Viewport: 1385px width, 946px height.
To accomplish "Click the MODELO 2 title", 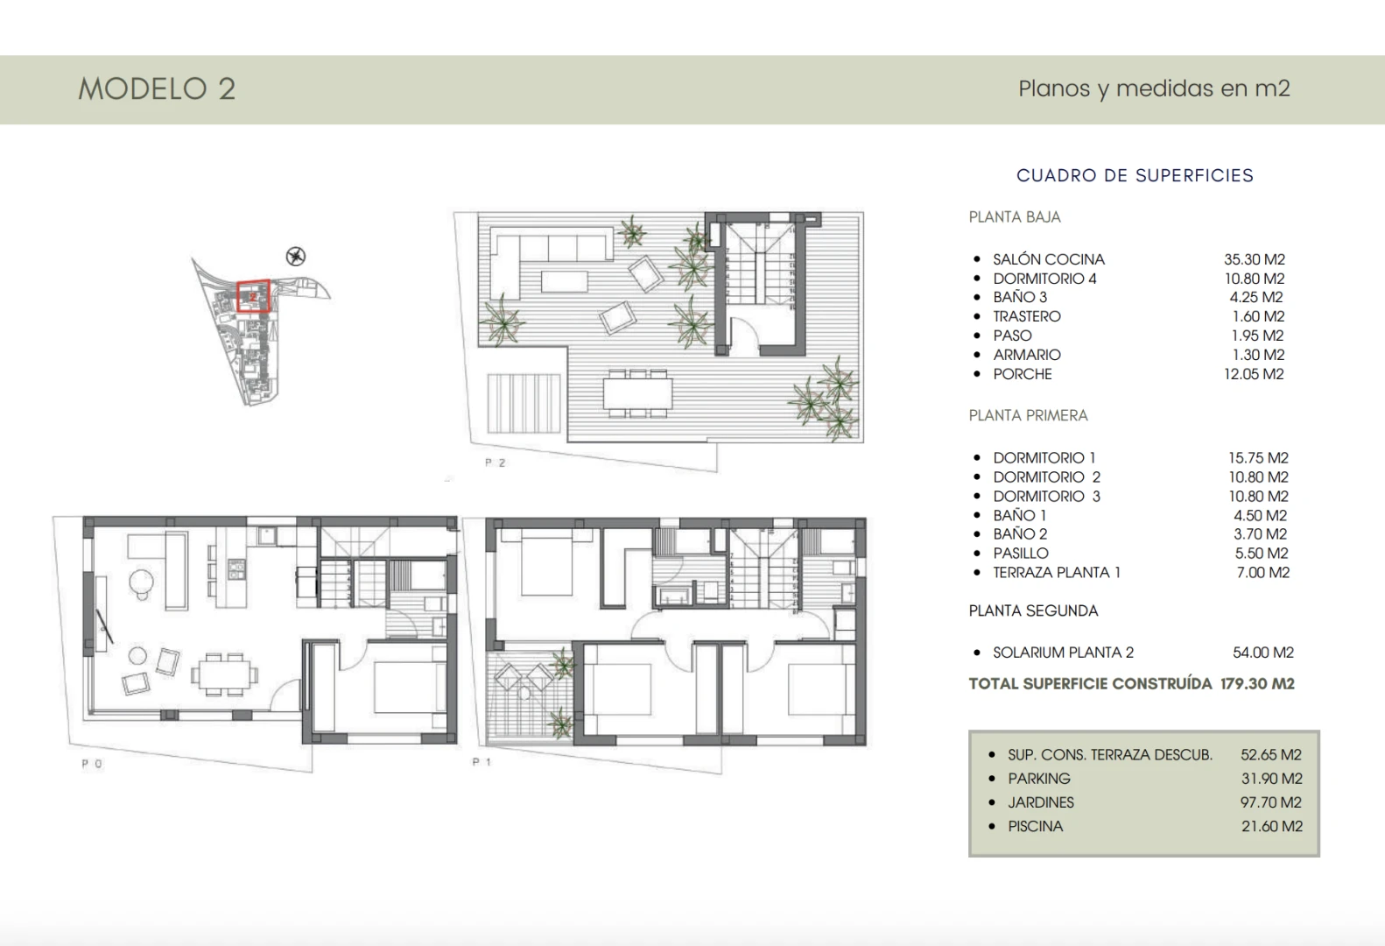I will coord(157,88).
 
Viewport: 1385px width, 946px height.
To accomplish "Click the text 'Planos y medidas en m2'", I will coord(1154,88).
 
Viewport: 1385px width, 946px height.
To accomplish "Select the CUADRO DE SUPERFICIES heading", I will coord(1135,175).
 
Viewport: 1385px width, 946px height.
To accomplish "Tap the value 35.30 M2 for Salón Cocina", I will coord(1254,259).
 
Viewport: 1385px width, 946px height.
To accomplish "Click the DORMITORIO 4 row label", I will coord(1044,279).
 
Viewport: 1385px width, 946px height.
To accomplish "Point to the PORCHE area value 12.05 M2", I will coord(1253,374).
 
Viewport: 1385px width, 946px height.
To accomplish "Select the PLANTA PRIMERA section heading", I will coord(1028,415).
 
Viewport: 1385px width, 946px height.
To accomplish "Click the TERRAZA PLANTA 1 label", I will coord(1056,572).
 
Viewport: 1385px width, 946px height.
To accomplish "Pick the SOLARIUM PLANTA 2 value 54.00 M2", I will coord(1262,653).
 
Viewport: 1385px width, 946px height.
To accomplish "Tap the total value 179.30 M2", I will coord(1257,683).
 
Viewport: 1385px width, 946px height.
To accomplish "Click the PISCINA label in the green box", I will coord(1035,826).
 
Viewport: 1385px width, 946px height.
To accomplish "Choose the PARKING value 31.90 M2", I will coord(1271,778).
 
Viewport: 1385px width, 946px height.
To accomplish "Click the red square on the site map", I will coord(254,296).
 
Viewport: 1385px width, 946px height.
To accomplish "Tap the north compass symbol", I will coord(297,257).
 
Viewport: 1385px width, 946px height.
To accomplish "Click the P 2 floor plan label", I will coord(496,462).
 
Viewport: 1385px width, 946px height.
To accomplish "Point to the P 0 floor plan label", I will coord(92,764).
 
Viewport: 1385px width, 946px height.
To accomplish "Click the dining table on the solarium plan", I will coord(637,392).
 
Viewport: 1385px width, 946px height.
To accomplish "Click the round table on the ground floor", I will coord(141,581).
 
